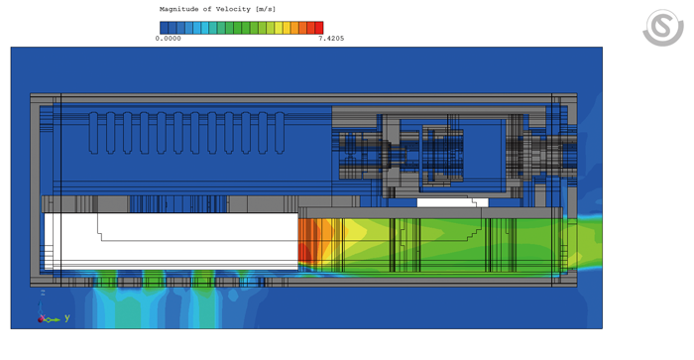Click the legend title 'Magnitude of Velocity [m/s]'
(x=210, y=9)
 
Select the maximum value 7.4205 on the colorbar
(x=331, y=39)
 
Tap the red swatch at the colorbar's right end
(x=318, y=28)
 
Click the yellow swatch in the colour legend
(x=287, y=28)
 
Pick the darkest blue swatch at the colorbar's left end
(x=164, y=28)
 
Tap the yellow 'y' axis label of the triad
(x=67, y=318)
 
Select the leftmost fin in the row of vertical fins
(x=94, y=132)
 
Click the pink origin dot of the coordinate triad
(x=42, y=319)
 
